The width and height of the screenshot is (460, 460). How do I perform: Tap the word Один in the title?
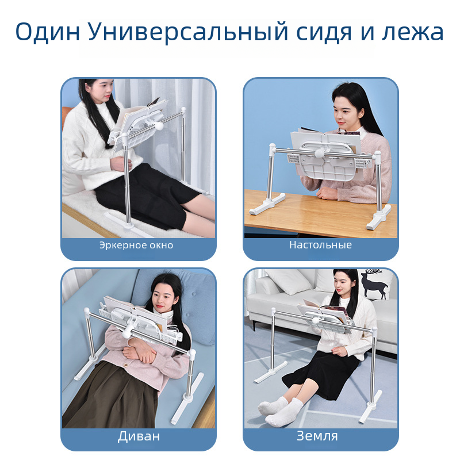(x=48, y=32)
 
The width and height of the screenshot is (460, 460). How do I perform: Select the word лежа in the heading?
(x=413, y=32)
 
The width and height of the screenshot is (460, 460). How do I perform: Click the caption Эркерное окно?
(x=136, y=246)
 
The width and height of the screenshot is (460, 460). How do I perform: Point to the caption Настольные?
(x=320, y=245)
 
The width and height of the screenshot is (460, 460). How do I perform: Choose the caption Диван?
(x=139, y=436)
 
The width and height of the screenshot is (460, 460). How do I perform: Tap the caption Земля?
(x=317, y=436)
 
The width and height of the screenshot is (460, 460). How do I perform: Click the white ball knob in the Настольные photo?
(x=320, y=153)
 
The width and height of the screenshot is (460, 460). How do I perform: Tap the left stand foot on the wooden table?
(x=267, y=204)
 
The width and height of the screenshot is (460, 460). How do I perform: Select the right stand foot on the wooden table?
(x=378, y=218)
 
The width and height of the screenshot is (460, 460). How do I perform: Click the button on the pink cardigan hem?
(x=126, y=365)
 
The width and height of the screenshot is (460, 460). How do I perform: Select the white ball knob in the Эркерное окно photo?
(x=159, y=126)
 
